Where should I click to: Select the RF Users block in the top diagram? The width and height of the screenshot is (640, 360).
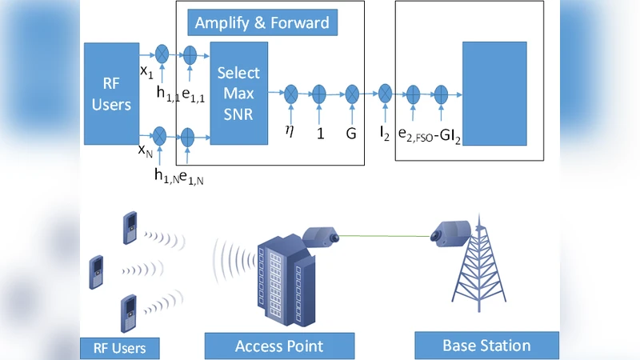tap(111, 94)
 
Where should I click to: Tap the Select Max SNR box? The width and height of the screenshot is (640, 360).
tap(238, 94)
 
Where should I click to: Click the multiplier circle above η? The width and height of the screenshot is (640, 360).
tap(290, 94)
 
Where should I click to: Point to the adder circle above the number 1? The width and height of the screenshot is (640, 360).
tap(320, 94)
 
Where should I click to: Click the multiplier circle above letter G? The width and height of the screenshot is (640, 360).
tap(350, 94)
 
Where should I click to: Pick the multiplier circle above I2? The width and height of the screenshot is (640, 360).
tap(385, 93)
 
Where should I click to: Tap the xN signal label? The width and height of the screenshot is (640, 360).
tap(146, 149)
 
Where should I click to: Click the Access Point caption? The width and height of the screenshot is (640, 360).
tap(278, 346)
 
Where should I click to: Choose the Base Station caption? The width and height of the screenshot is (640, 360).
tap(486, 346)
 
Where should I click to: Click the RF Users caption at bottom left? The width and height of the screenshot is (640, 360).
tap(119, 348)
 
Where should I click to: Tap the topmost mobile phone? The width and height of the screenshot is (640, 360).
tap(128, 229)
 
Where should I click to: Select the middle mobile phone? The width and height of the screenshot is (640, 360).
tap(96, 271)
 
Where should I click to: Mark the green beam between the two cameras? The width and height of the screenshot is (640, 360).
tap(384, 234)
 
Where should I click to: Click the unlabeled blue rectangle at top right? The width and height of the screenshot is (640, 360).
tap(494, 94)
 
